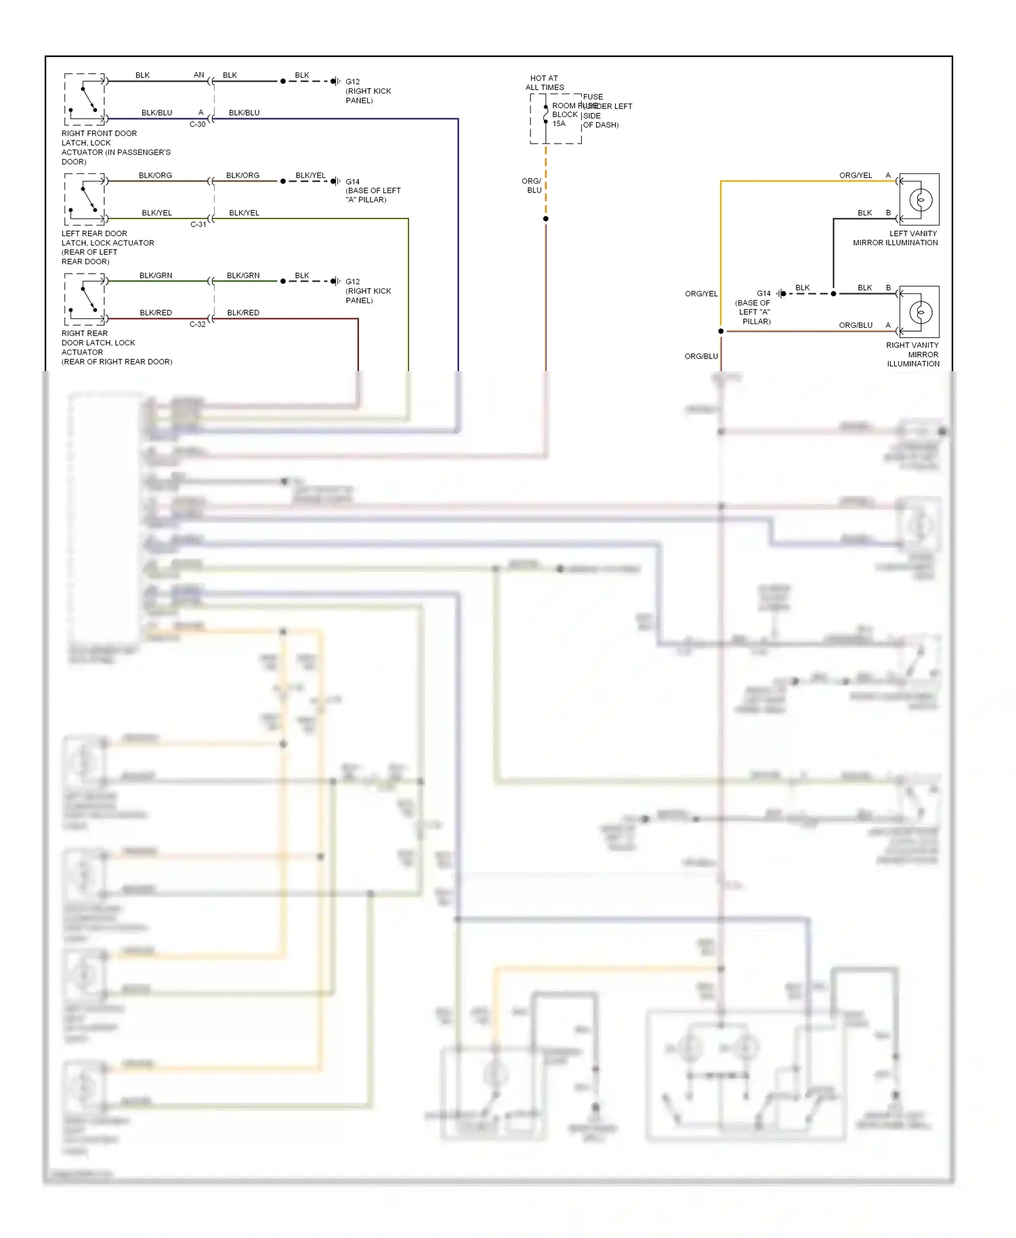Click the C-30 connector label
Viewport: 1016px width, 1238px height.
click(x=197, y=125)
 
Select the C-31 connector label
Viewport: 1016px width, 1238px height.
click(x=198, y=224)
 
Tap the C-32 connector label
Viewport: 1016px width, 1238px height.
click(x=197, y=324)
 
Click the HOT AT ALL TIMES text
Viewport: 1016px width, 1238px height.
click(x=545, y=83)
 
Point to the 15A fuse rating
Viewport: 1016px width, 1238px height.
click(x=559, y=124)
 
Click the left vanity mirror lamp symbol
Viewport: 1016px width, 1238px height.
click(x=920, y=200)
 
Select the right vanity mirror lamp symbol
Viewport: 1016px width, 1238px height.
click(x=920, y=312)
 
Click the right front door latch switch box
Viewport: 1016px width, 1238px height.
click(x=85, y=100)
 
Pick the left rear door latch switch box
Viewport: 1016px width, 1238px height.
click(x=85, y=199)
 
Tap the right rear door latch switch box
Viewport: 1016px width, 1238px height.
click(x=85, y=299)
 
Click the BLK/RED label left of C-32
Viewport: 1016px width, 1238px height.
click(x=156, y=313)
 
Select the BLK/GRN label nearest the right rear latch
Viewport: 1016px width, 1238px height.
click(x=156, y=276)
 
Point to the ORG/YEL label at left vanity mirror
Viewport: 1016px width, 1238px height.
click(x=855, y=175)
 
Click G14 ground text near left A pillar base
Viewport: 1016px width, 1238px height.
click(x=763, y=294)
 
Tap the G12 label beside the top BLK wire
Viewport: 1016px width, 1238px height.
click(x=352, y=82)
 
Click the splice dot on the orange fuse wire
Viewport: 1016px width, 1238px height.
click(x=545, y=219)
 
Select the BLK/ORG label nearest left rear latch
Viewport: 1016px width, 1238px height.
click(x=155, y=175)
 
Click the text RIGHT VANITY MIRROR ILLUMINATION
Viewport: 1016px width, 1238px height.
click(x=912, y=354)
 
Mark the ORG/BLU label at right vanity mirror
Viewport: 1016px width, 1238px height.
click(x=855, y=325)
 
